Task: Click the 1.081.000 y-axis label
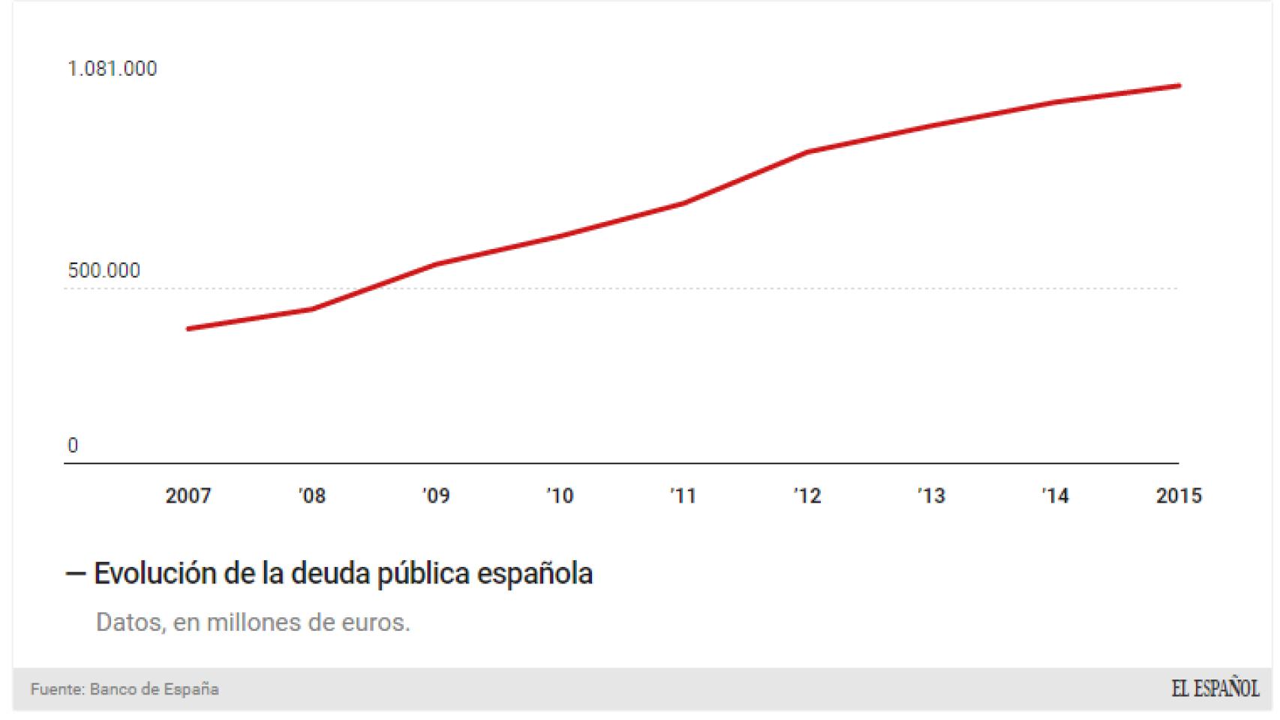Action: pyautogui.click(x=113, y=69)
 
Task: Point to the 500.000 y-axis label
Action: pyautogui.click(x=104, y=271)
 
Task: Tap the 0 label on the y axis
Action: pyautogui.click(x=73, y=446)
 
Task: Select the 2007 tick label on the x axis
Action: pyautogui.click(x=188, y=496)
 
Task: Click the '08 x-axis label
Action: pyautogui.click(x=311, y=496)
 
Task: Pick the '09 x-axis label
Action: pyautogui.click(x=435, y=496)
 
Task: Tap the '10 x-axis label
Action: pyautogui.click(x=559, y=496)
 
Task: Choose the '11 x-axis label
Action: pyautogui.click(x=683, y=496)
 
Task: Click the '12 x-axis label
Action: pyautogui.click(x=807, y=496)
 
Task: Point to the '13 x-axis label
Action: pyautogui.click(x=931, y=496)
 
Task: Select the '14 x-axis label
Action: pyautogui.click(x=1055, y=496)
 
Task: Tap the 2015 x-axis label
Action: pyautogui.click(x=1179, y=496)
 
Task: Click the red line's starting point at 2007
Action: pyautogui.click(x=188, y=328)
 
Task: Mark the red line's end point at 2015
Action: pyautogui.click(x=1179, y=86)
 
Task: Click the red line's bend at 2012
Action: pyautogui.click(x=807, y=152)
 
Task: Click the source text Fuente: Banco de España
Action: pyautogui.click(x=125, y=689)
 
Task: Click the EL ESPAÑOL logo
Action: pyautogui.click(x=1215, y=689)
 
